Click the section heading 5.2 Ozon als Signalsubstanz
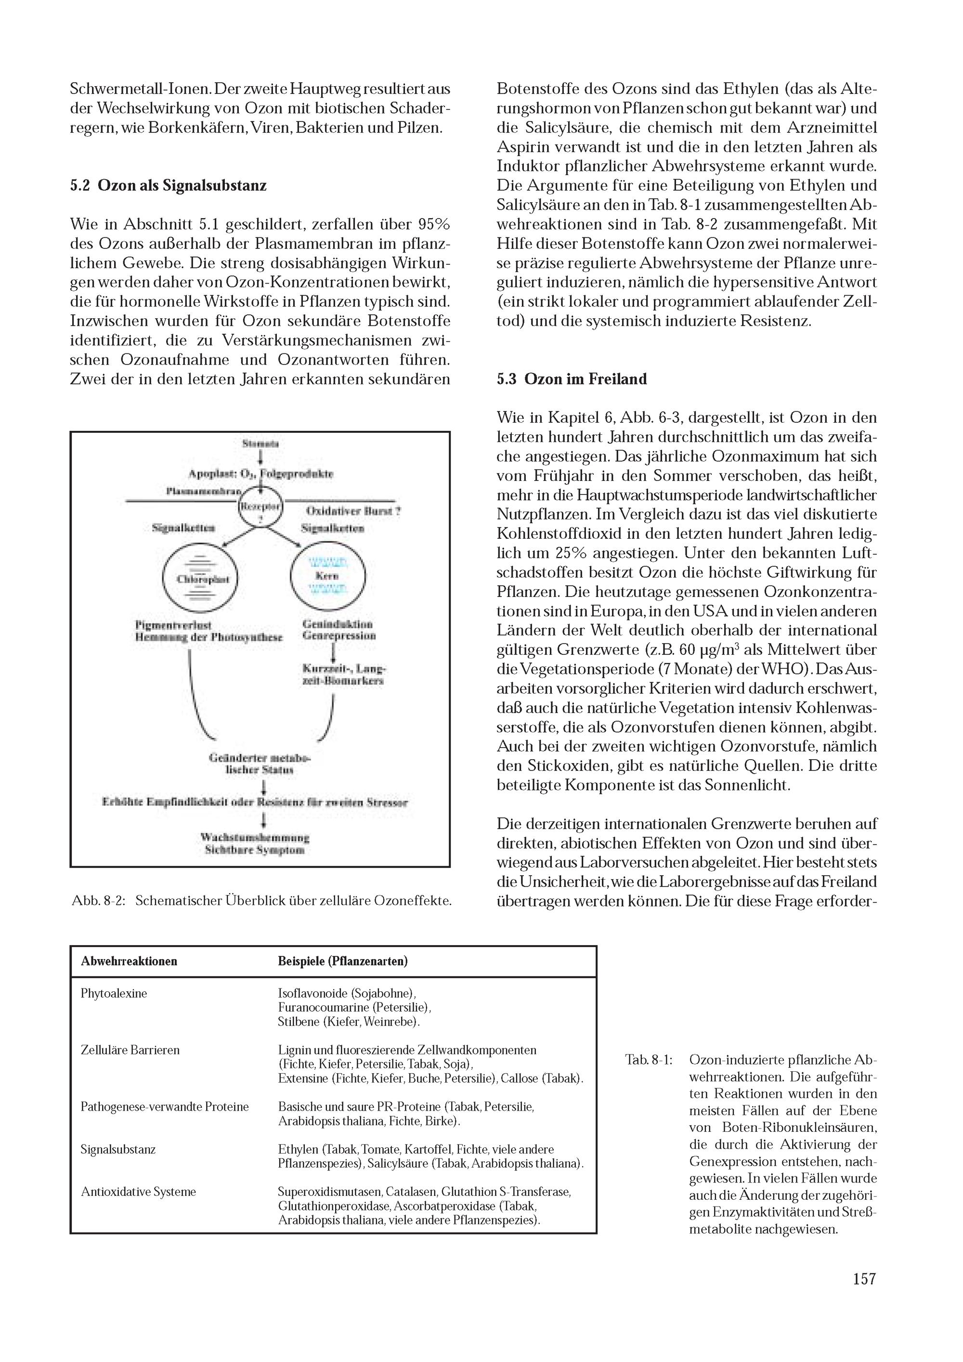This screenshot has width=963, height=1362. tap(168, 186)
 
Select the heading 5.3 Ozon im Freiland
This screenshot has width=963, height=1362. tap(572, 379)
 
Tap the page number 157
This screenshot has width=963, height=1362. tap(864, 1296)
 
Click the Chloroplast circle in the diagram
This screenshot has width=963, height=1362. tap(199, 578)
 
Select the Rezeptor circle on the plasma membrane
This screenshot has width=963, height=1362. tap(260, 507)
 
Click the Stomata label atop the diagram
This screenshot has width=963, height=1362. tap(260, 444)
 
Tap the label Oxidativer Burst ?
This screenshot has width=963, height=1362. tap(352, 511)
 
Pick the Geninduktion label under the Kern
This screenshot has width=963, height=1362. tap(337, 624)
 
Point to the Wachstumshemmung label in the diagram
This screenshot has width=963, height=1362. tap(255, 838)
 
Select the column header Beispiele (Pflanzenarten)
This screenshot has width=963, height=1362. tap(342, 961)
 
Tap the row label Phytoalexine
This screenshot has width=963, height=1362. tap(114, 994)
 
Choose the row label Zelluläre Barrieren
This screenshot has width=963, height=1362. tap(130, 1050)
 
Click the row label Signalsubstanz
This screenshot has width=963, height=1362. tap(118, 1149)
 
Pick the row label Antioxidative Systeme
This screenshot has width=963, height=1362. tap(138, 1192)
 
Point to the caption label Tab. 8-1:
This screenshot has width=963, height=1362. tap(649, 1060)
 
